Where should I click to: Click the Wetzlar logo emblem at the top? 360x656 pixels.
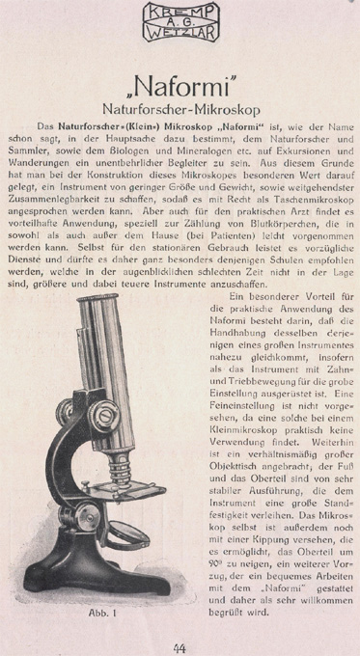(x=180, y=22)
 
